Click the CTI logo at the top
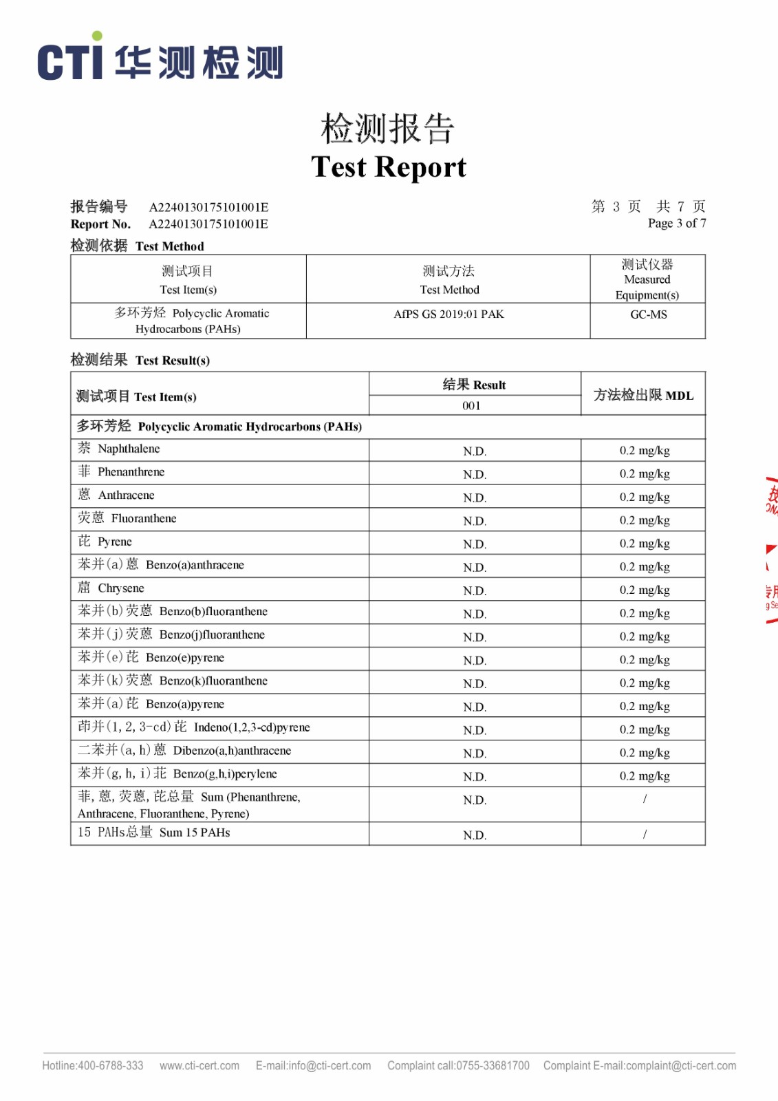pyautogui.click(x=160, y=60)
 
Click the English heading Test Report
pyautogui.click(x=389, y=167)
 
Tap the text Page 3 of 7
pyautogui.click(x=676, y=223)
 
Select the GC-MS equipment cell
pyautogui.click(x=648, y=314)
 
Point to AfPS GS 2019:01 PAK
pyautogui.click(x=449, y=314)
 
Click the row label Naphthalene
pyautogui.click(x=129, y=449)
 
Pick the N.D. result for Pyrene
pyautogui.click(x=474, y=544)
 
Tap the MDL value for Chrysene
pyautogui.click(x=644, y=590)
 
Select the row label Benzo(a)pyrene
pyautogui.click(x=184, y=704)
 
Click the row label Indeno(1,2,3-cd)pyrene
pyautogui.click(x=252, y=727)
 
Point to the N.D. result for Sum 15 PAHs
pyautogui.click(x=474, y=835)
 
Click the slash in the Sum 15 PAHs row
pyautogui.click(x=645, y=834)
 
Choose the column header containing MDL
pyautogui.click(x=643, y=395)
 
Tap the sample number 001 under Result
pyautogui.click(x=471, y=406)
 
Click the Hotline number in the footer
pyautogui.click(x=93, y=1066)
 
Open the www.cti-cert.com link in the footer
pyautogui.click(x=199, y=1066)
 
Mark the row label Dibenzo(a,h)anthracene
pyautogui.click(x=232, y=751)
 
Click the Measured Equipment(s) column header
pyautogui.click(x=647, y=279)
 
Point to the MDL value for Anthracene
pyautogui.click(x=644, y=497)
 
